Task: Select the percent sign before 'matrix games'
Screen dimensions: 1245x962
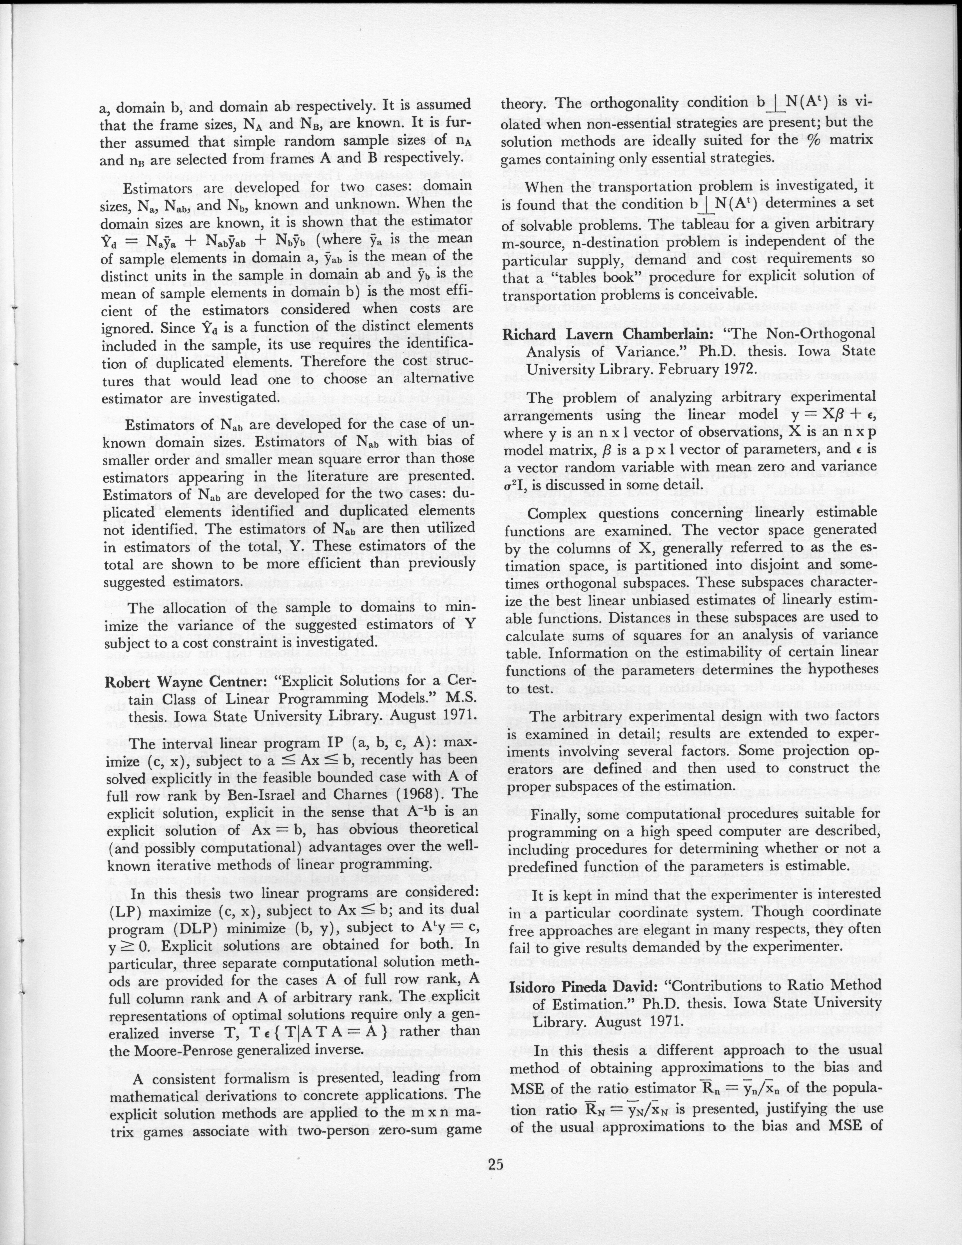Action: (x=802, y=141)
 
